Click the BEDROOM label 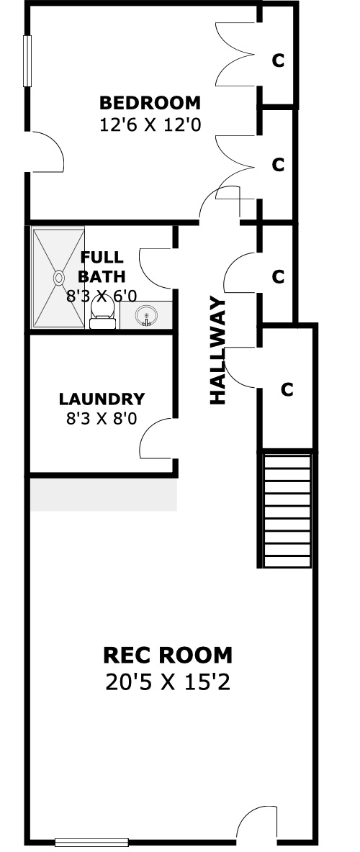coord(150,103)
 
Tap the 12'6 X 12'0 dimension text coord(150,125)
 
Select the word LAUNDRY coord(102,399)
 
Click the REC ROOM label coord(168,656)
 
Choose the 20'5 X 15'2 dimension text coord(168,682)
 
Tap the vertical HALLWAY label coord(217,350)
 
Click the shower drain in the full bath coord(59,278)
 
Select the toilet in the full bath coord(102,312)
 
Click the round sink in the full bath coord(145,315)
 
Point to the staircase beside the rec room coord(287,510)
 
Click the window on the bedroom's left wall coord(27,61)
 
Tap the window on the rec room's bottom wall coord(91,843)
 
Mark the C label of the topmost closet coord(278,61)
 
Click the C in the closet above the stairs coord(287,389)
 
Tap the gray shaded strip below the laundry coord(104,494)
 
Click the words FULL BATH coord(102,266)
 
